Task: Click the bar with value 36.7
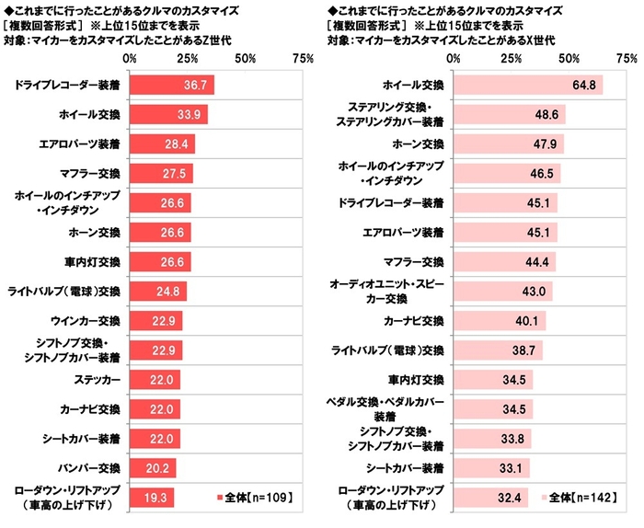coord(172,85)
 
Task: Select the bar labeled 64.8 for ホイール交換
coord(528,85)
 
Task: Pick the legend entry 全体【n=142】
coord(581,498)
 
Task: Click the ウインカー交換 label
coord(86,320)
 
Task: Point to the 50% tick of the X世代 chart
coord(569,57)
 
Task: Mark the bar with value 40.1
coord(500,320)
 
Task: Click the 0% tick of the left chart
coord(130,57)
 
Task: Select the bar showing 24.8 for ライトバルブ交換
coord(158,291)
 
